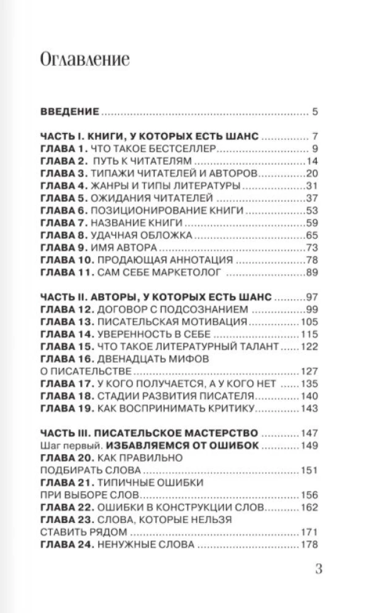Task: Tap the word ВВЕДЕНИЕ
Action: click(69, 112)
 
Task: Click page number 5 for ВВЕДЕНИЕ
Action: click(314, 112)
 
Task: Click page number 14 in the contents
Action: click(311, 161)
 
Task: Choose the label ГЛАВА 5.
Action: click(62, 198)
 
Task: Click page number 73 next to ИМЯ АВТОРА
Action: click(311, 248)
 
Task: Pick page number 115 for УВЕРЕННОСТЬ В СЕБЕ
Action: click(308, 335)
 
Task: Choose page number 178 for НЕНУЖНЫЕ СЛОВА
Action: click(308, 545)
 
